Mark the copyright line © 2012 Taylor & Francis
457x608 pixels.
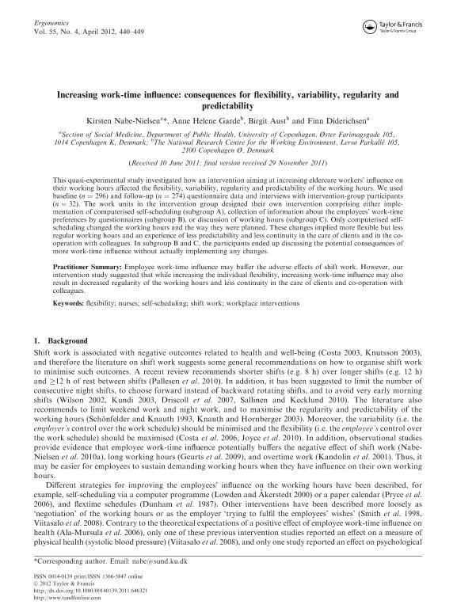62,583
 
